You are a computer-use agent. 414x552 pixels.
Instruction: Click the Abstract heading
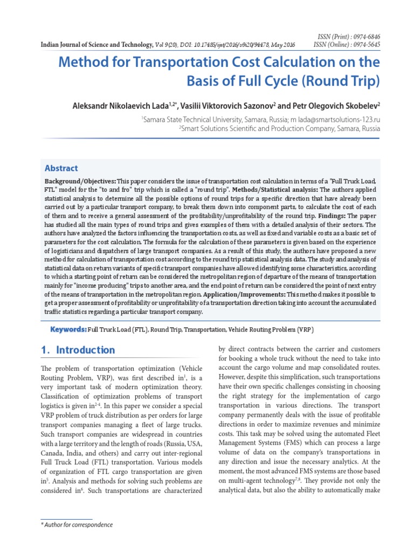[61, 168]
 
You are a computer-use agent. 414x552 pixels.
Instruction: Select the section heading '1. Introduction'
[78, 350]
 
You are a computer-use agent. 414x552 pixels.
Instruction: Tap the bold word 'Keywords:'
[68, 329]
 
